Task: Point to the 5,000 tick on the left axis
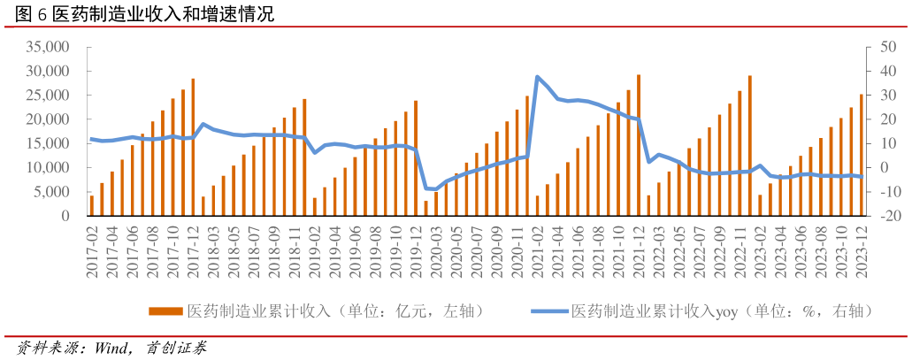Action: coord(54,192)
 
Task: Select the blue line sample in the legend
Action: coord(548,311)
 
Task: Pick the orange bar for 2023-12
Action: coord(862,156)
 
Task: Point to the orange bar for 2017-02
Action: coord(92,206)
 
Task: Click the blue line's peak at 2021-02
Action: coord(537,78)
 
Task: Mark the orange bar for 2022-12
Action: coord(750,146)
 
